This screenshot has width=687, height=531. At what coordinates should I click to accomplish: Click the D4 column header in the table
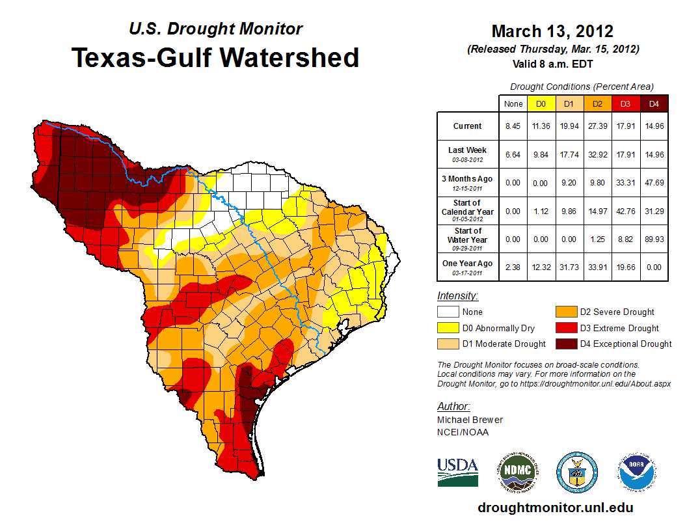click(653, 104)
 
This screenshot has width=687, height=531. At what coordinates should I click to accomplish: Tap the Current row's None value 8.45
click(513, 126)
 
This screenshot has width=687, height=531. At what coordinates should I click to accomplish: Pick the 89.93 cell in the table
click(653, 239)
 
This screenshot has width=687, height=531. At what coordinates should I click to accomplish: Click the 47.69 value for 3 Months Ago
click(653, 183)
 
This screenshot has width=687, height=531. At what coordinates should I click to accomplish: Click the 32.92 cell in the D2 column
click(597, 154)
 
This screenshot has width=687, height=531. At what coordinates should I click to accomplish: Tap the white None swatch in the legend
click(448, 312)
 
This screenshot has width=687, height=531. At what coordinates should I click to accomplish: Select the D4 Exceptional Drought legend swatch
click(566, 344)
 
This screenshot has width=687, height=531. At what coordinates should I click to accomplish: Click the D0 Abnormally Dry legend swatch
click(448, 329)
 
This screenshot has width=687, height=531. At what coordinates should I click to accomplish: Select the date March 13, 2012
click(552, 31)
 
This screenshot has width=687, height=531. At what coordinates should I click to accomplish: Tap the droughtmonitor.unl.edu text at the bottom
click(555, 508)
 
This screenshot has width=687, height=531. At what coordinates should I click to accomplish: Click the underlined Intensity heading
click(458, 296)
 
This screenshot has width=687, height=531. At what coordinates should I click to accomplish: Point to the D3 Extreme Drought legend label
click(619, 329)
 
